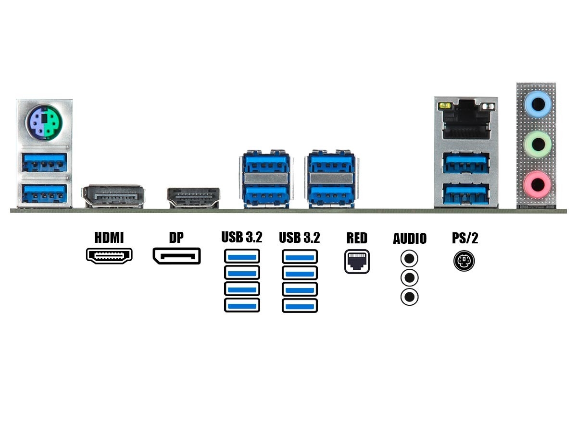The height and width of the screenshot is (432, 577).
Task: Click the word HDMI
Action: click(x=109, y=238)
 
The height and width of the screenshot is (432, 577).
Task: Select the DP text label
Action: click(x=176, y=238)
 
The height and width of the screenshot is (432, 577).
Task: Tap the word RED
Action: click(x=357, y=238)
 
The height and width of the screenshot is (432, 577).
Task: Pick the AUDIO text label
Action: click(x=410, y=239)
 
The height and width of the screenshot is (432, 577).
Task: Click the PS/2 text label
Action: click(x=465, y=238)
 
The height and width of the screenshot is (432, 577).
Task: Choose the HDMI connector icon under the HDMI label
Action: click(x=109, y=255)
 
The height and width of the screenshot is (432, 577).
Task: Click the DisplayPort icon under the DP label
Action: click(x=176, y=256)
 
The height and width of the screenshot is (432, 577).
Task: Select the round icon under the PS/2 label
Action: click(x=464, y=262)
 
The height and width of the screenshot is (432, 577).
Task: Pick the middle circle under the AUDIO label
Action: click(x=409, y=278)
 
